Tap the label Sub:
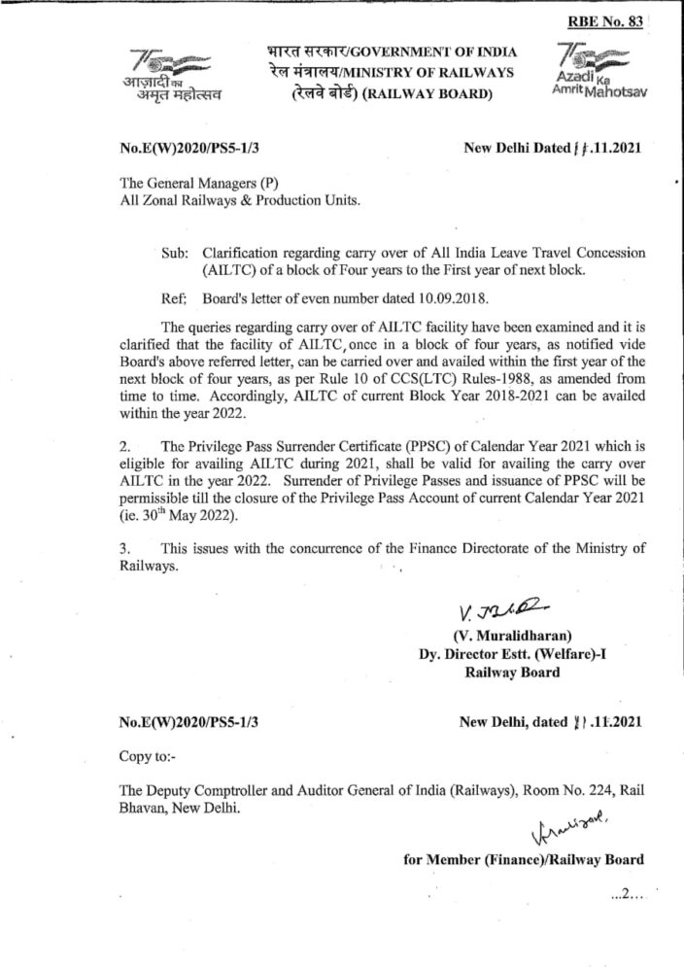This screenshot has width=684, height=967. click(x=176, y=253)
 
